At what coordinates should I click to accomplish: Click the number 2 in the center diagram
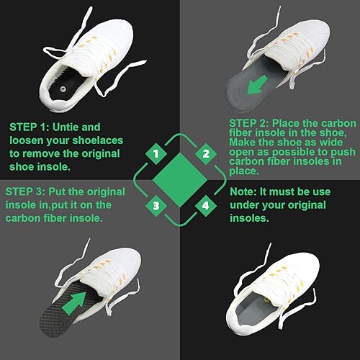click(x=206, y=153)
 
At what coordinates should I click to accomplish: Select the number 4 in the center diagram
click(x=206, y=207)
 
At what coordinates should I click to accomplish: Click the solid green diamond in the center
click(x=179, y=179)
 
